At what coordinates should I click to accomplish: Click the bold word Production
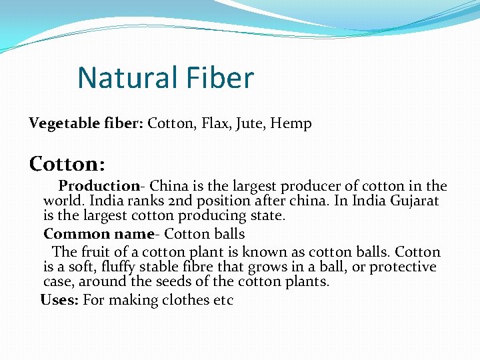[97, 186]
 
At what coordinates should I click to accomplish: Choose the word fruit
[95, 252]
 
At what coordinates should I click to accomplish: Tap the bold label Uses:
[60, 300]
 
